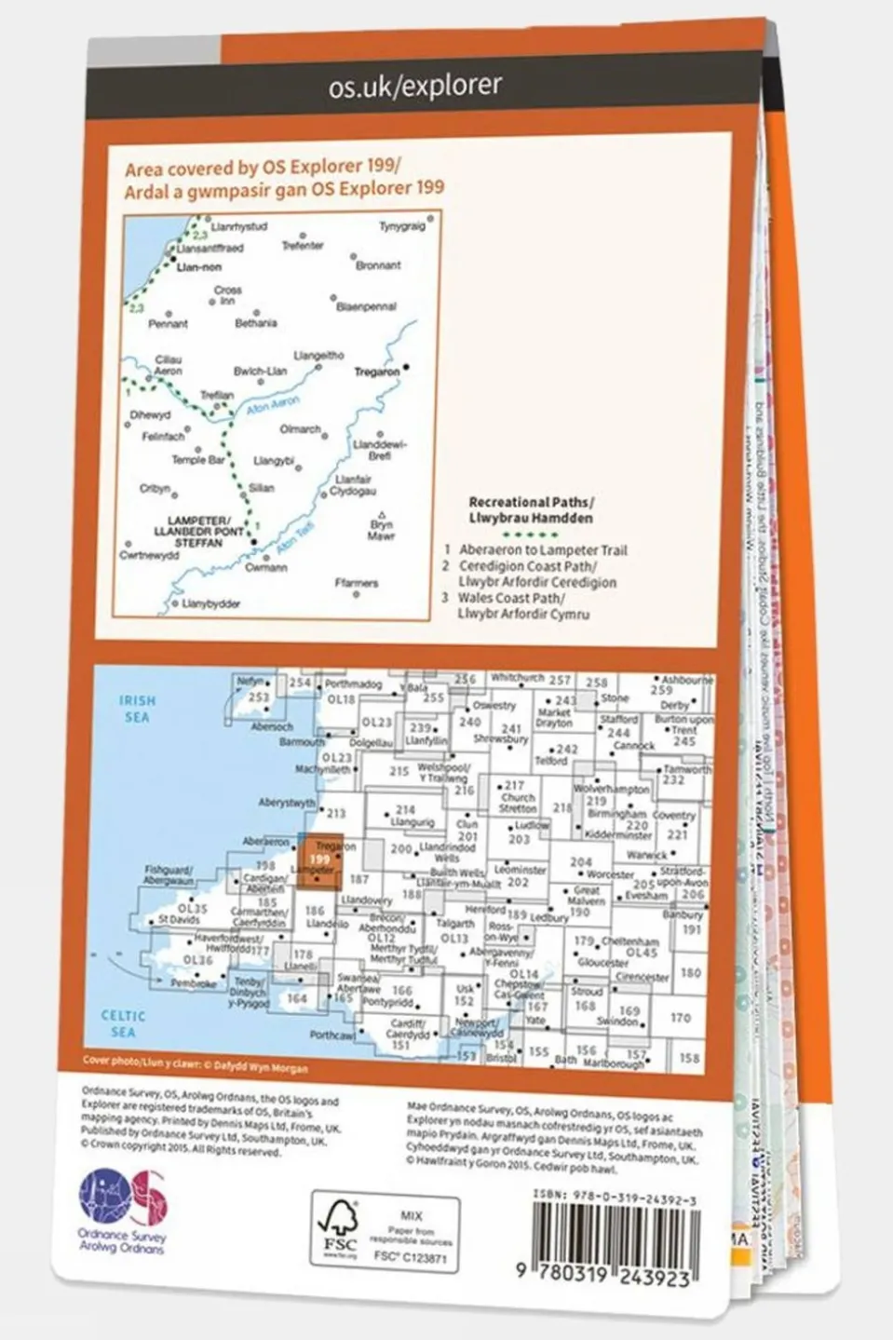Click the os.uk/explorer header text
coord(414,87)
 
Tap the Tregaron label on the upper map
coord(377,372)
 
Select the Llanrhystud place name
coord(239,226)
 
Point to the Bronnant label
coord(378,265)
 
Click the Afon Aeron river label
coord(274,406)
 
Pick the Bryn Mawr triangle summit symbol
coord(382,515)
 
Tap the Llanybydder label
coord(211,603)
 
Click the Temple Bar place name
coord(197,460)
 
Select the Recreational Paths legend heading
coord(530,509)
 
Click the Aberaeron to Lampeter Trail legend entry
coord(543,550)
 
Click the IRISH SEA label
coord(137,708)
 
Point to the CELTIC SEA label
coord(123,1023)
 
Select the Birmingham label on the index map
coord(616,814)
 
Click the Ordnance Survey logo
coord(122,1200)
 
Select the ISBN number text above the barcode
coord(616,1201)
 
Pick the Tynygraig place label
coord(401,226)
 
